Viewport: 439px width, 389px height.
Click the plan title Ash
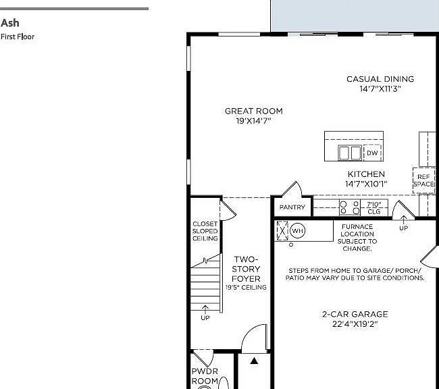pyautogui.click(x=10, y=23)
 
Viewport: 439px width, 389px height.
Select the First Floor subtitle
pyautogui.click(x=18, y=36)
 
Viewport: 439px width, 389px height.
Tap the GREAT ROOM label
pyautogui.click(x=254, y=111)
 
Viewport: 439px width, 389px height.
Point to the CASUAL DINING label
pyautogui.click(x=380, y=79)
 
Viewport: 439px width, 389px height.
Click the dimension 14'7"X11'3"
pyautogui.click(x=380, y=88)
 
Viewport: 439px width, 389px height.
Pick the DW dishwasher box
pyautogui.click(x=372, y=153)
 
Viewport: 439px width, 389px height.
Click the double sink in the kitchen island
pyautogui.click(x=350, y=153)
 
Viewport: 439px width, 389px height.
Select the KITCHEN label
pyautogui.click(x=366, y=174)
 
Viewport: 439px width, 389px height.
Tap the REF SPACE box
pyautogui.click(x=424, y=180)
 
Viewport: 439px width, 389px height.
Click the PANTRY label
pyautogui.click(x=292, y=207)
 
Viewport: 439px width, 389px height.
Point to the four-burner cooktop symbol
pyautogui.click(x=349, y=207)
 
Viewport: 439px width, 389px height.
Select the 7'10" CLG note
pyautogui.click(x=374, y=208)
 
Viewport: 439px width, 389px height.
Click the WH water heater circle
pyautogui.click(x=297, y=231)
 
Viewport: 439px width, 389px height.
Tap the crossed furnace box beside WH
pyautogui.click(x=282, y=231)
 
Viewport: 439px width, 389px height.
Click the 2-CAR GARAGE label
pyautogui.click(x=355, y=314)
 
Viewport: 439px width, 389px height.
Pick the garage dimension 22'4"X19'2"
pyautogui.click(x=355, y=324)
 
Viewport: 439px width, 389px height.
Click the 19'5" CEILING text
pyautogui.click(x=246, y=287)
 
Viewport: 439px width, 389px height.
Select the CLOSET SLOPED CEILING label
pyautogui.click(x=205, y=231)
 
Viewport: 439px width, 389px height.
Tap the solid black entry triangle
pyautogui.click(x=254, y=361)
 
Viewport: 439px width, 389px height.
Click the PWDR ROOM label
pyautogui.click(x=205, y=376)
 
